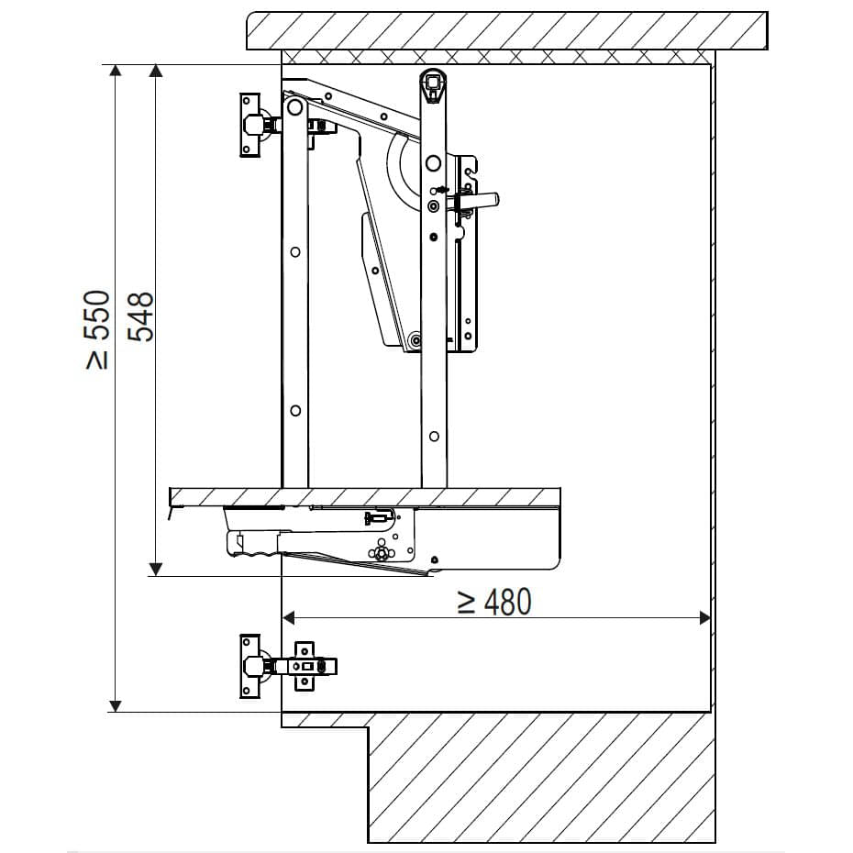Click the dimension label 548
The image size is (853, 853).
(x=141, y=316)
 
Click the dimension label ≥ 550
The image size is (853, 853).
(x=98, y=329)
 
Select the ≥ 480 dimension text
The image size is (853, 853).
(x=494, y=602)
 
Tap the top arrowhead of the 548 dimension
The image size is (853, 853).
(x=156, y=72)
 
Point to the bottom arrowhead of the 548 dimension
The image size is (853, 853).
(x=156, y=569)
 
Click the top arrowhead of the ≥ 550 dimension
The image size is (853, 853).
(x=116, y=72)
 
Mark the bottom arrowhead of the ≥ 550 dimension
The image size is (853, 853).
(x=116, y=705)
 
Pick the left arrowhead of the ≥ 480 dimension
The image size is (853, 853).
(x=289, y=618)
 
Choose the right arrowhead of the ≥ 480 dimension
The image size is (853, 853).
(x=704, y=618)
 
